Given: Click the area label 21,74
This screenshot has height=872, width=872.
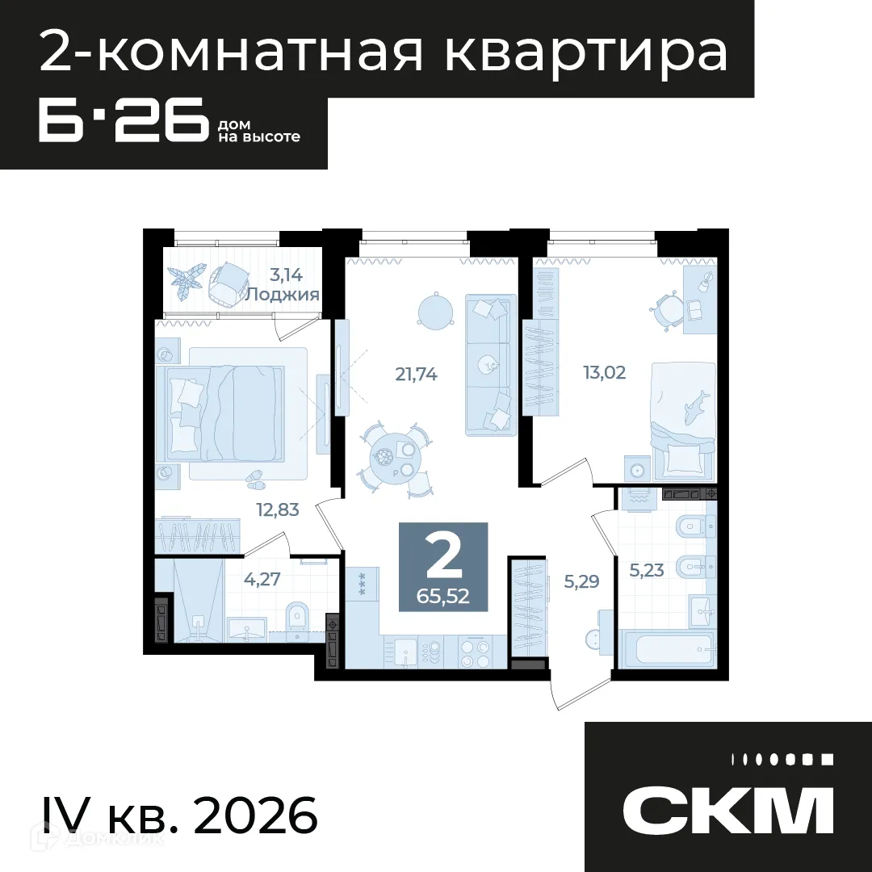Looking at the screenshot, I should pos(417,374).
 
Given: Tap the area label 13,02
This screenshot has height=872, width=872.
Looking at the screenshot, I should pos(605,372).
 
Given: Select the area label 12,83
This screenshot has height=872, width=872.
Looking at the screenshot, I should pos(278,509).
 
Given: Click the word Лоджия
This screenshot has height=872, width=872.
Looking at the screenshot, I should pos(283,295).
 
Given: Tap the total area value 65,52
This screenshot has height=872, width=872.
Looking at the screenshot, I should pos(443,597).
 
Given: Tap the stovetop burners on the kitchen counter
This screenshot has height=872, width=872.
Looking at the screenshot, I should pos(475,652).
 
